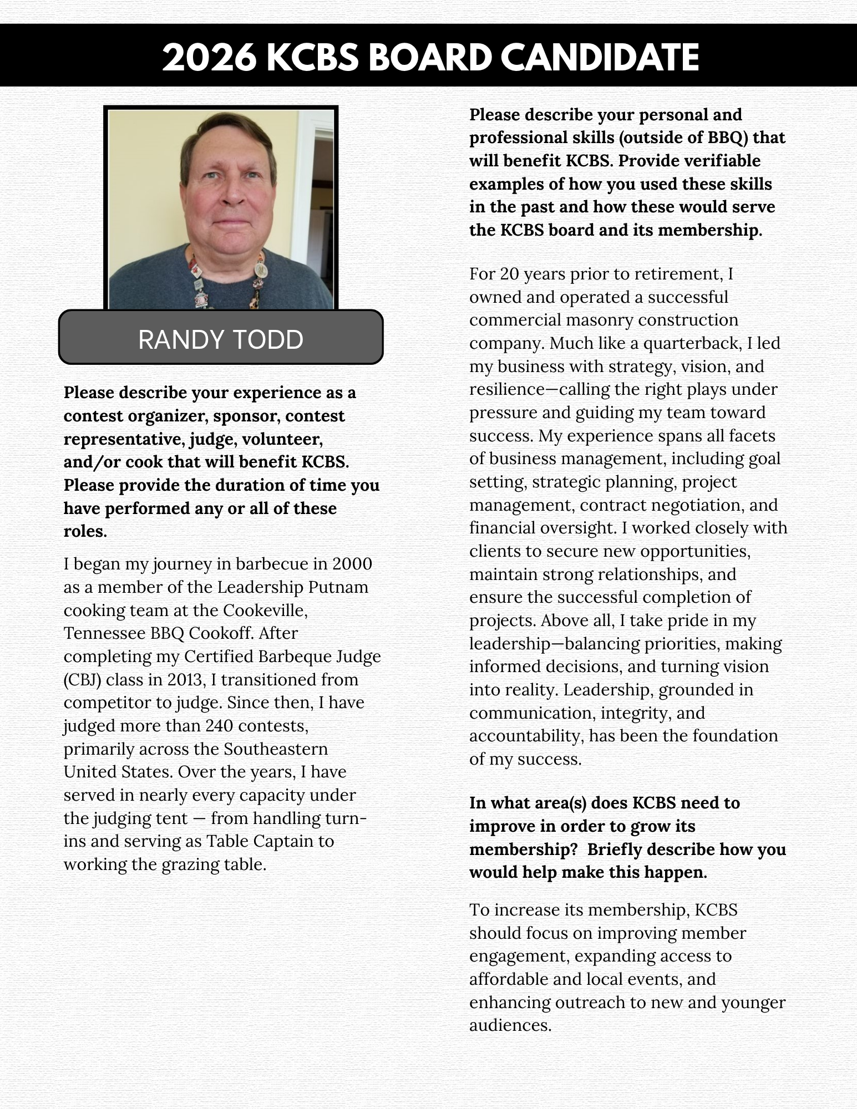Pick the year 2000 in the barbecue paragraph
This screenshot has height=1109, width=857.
tap(352, 564)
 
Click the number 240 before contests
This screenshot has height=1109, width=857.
tap(219, 726)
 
